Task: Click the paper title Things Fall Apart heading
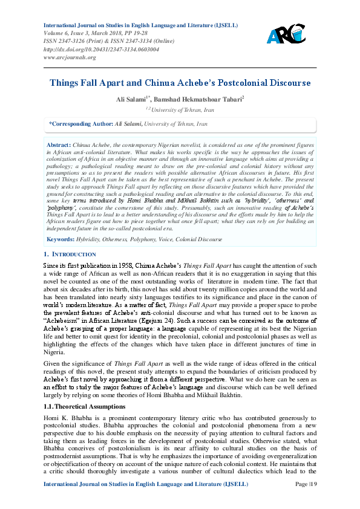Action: (x=180, y=82)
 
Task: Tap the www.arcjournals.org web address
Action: (x=70, y=57)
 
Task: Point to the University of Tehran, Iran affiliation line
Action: (x=180, y=109)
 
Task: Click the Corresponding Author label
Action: (x=80, y=123)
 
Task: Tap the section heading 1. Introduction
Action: (x=70, y=254)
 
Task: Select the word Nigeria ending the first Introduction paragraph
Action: (x=54, y=350)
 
